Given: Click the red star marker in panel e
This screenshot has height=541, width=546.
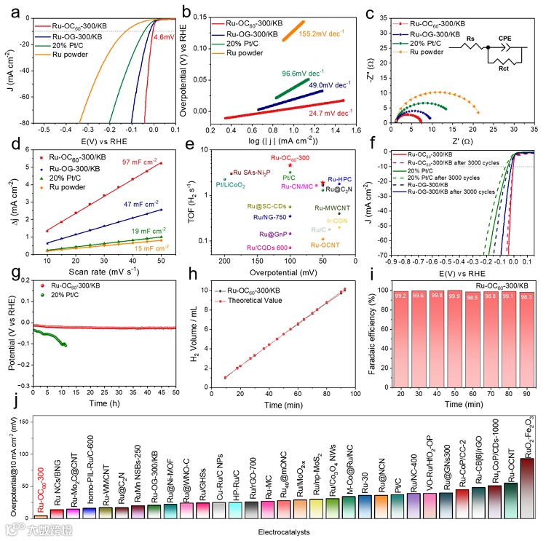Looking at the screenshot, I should (290, 166).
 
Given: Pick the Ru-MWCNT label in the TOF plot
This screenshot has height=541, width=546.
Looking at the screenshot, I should (331, 208).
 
